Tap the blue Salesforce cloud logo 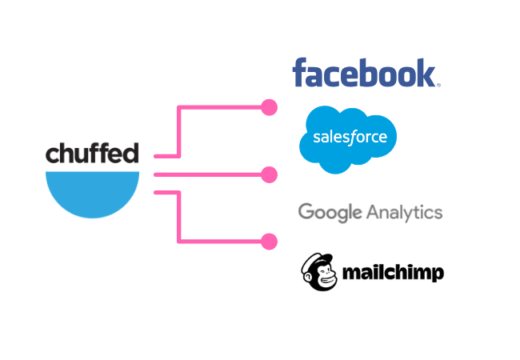coord(348,138)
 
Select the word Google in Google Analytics coord(330,213)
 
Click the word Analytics coord(405,212)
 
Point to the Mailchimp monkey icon coord(318,271)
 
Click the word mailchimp coord(392,273)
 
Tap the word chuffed coord(92,153)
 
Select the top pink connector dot coord(270,107)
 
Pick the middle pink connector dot coord(270,174)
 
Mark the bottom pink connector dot coord(270,241)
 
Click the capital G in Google coord(306,212)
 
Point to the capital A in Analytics coord(374,212)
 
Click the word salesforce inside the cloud coord(350,137)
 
